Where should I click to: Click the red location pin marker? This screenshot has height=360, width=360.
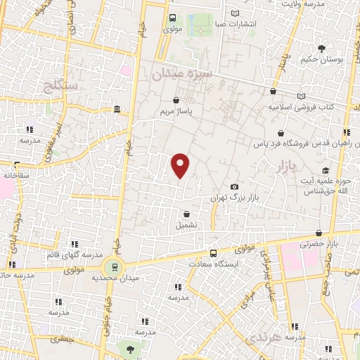tap(181, 165)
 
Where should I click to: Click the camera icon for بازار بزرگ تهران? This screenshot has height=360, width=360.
tap(233, 186)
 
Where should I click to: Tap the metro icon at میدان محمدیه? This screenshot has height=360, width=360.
tap(111, 266)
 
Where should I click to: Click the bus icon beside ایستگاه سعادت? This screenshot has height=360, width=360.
tap(213, 253)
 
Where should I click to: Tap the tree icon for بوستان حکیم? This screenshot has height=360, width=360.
tap(321, 49)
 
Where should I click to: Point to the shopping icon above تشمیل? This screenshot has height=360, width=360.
tap(186, 214)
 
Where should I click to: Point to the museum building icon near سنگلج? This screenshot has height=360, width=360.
tap(117, 108)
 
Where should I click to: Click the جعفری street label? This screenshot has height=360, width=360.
tap(64, 338)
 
